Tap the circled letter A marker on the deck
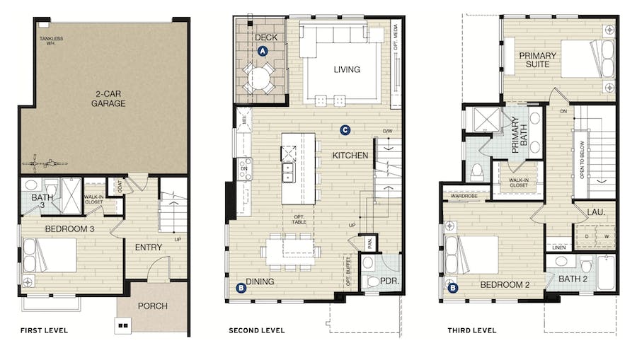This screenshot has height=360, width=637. coord(263,51)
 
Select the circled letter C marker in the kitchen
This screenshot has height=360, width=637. coord(345,129)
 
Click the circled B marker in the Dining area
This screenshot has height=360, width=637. coord(241,288)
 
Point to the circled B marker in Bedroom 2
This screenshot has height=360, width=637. coord(453,288)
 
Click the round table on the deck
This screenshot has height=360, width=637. coord(260,76)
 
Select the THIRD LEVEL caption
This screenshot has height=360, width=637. coord(471,330)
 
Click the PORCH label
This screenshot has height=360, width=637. coord(153,306)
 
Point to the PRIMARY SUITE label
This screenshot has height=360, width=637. coord(538,59)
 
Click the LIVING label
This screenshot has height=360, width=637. coord(347,69)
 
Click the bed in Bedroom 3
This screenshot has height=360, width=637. coord(50,255)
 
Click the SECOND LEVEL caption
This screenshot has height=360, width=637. coord(256,330)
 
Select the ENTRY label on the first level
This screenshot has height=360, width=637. coord(149,247)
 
